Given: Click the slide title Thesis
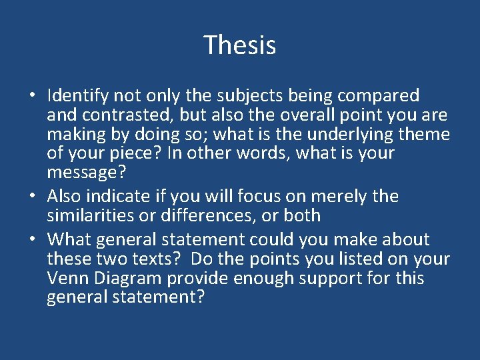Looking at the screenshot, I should (x=240, y=45).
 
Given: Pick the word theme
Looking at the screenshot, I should (x=424, y=134).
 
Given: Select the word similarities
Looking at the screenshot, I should (x=93, y=215).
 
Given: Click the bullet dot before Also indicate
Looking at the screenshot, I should (x=32, y=197).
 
